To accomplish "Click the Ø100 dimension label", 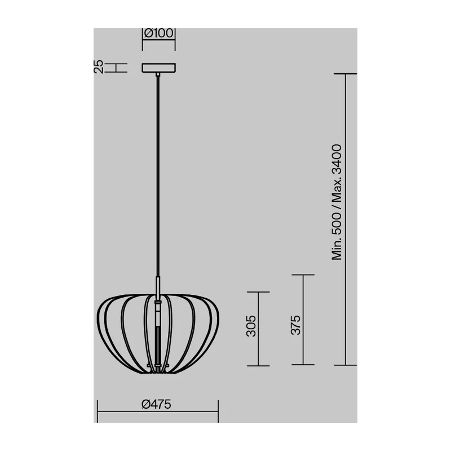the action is [x=158, y=33].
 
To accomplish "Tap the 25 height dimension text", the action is [x=98, y=67].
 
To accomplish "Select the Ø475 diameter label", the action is [x=157, y=404].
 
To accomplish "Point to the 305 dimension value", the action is [x=251, y=326].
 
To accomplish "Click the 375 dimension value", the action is [x=295, y=325].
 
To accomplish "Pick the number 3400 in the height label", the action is [x=337, y=160].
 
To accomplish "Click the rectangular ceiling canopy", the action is [x=159, y=68].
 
